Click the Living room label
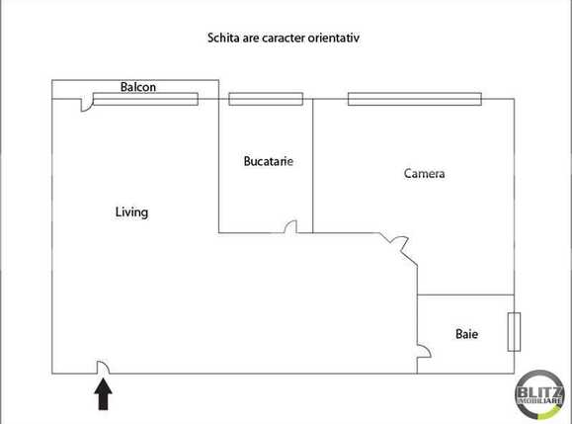pyautogui.click(x=131, y=212)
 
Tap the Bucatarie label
pyautogui.click(x=269, y=160)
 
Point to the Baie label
pyautogui.click(x=466, y=334)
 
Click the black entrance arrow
pyautogui.click(x=103, y=394)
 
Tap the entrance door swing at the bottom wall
pyautogui.click(x=103, y=368)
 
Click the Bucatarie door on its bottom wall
pyautogui.click(x=289, y=227)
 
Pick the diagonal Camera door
pyautogui.click(x=396, y=241)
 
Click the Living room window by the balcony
pyautogui.click(x=145, y=99)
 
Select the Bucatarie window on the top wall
pyautogui.click(x=259, y=99)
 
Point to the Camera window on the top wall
pyautogui.click(x=414, y=99)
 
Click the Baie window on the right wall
pyautogui.click(x=513, y=331)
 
